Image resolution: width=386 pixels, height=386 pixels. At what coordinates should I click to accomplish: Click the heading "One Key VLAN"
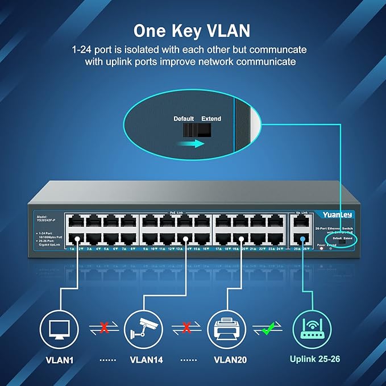coord(193,29)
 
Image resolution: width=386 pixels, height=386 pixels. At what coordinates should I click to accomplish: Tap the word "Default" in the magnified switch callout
coord(183,119)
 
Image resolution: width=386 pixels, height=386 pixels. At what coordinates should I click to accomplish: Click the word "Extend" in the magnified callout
coord(211,119)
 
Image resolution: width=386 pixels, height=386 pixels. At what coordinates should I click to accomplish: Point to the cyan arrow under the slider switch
coord(189,144)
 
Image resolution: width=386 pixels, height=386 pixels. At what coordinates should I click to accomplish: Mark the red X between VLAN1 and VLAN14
coord(103,328)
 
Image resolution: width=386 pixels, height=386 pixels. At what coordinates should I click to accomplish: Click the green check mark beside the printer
coord(268,328)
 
